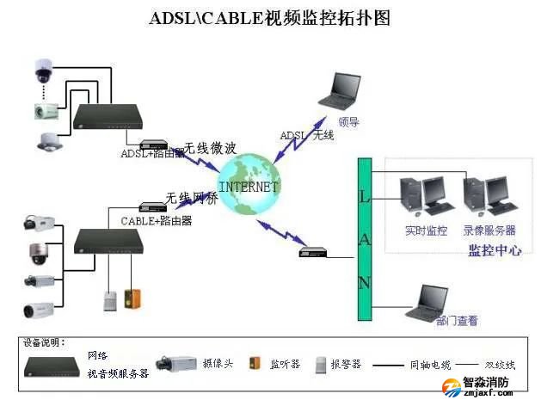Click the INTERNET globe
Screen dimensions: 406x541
[248, 184]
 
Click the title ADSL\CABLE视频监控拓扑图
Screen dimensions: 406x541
[270, 17]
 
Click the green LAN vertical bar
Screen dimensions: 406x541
[364, 240]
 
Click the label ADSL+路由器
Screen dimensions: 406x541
[151, 153]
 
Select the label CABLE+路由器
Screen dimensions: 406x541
[156, 221]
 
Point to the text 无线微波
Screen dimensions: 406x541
[210, 148]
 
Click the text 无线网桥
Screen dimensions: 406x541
[192, 197]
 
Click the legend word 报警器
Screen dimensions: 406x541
[347, 364]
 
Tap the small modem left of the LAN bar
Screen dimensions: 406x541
[310, 252]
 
